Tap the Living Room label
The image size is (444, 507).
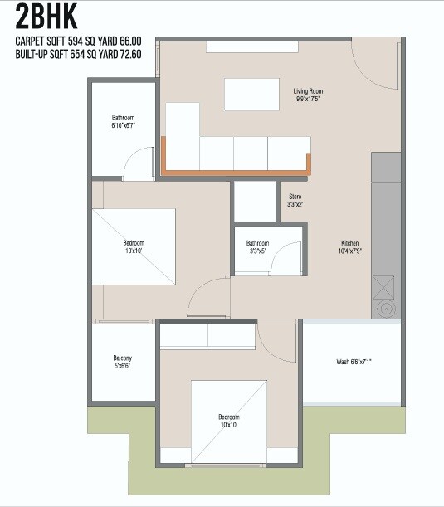click(308, 95)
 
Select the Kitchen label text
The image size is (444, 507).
click(349, 246)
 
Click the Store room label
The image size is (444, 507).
click(295, 200)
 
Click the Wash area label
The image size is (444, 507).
click(353, 363)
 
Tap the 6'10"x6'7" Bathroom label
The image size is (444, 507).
click(123, 121)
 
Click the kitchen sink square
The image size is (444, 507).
click(386, 287)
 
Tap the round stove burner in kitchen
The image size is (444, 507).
click(386, 310)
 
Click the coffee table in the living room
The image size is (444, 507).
click(251, 94)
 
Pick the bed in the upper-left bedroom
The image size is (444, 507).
click(134, 246)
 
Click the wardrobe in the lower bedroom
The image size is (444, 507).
click(207, 337)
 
